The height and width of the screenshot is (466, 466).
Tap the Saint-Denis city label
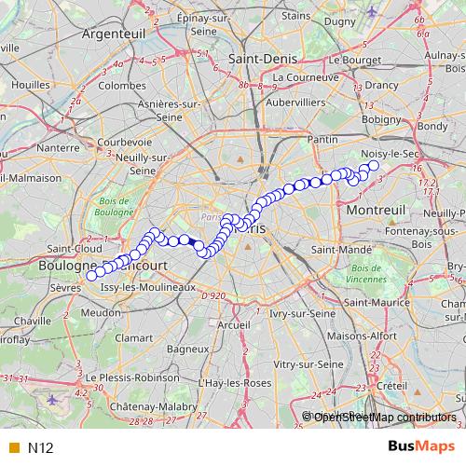(x=262, y=58)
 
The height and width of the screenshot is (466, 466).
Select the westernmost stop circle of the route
(x=91, y=275)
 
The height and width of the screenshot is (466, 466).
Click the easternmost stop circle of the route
(x=374, y=166)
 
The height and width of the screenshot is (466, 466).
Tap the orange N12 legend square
(x=13, y=448)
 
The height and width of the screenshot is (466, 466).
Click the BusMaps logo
(x=421, y=447)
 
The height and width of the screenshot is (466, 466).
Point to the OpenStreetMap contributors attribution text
(x=385, y=417)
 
